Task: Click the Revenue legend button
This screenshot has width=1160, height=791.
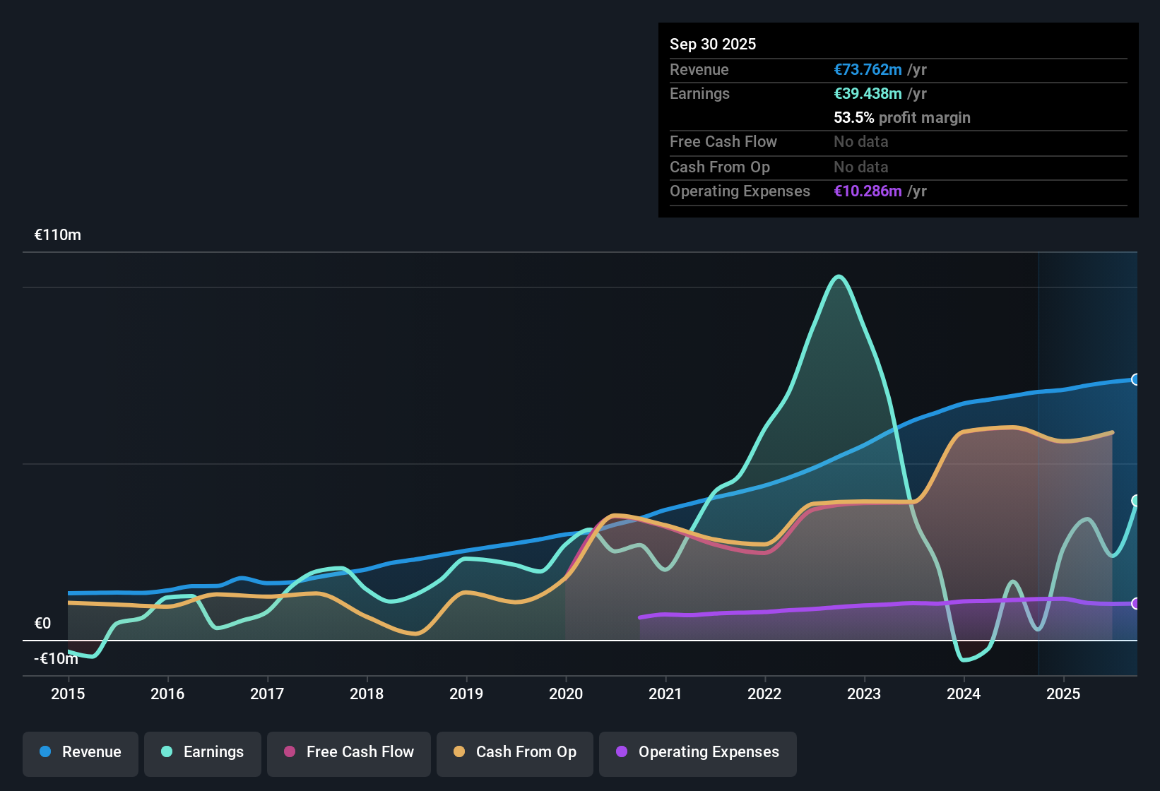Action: [x=81, y=752]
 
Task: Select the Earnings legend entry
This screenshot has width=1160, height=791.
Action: [x=203, y=752]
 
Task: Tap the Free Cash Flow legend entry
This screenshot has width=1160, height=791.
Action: [x=349, y=752]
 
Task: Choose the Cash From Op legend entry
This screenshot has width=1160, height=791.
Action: [x=515, y=752]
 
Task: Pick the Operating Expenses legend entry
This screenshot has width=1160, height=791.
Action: [x=698, y=752]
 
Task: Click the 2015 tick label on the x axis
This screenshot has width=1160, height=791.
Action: [x=68, y=694]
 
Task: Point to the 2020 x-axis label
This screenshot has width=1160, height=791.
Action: [x=566, y=694]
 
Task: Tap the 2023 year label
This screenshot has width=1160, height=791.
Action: [x=864, y=694]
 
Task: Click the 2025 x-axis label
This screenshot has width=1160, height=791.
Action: [x=1063, y=694]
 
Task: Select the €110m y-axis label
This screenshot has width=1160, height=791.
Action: [x=58, y=235]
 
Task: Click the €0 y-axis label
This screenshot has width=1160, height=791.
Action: [x=42, y=623]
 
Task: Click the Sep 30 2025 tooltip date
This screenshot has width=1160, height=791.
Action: [x=713, y=44]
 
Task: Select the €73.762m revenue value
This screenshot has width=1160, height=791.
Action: [x=868, y=69]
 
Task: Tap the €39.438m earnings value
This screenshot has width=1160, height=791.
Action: [x=868, y=93]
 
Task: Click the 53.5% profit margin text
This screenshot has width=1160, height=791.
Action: [x=901, y=117]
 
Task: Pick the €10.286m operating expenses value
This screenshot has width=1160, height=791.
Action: [x=868, y=191]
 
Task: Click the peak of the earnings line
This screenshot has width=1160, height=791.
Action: [x=839, y=276]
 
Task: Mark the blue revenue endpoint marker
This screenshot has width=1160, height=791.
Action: [x=1135, y=379]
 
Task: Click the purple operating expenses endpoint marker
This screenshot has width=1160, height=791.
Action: [x=1135, y=603]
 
